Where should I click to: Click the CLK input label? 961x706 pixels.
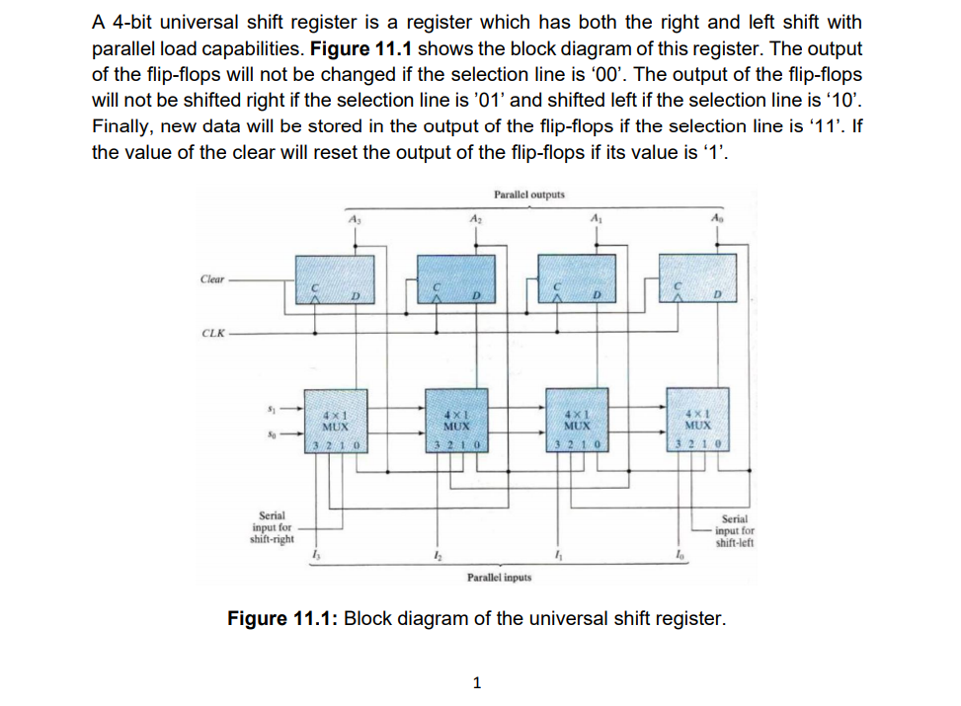pos(212,332)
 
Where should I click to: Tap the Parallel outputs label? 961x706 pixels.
pos(529,195)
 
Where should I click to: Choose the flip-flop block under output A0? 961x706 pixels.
pos(694,279)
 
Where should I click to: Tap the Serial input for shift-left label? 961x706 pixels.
pos(735,531)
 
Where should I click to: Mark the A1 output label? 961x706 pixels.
pos(595,220)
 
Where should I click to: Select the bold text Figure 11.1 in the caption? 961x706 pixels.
pos(283,620)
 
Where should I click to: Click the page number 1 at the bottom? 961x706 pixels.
pos(478,681)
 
